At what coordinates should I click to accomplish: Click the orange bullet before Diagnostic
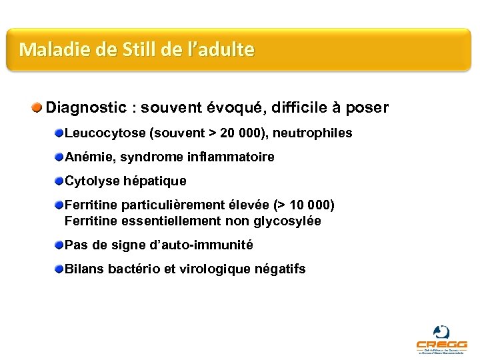click(x=38, y=107)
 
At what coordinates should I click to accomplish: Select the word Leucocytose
click(x=105, y=133)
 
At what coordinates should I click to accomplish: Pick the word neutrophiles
click(x=313, y=133)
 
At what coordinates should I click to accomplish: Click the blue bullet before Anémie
click(x=59, y=157)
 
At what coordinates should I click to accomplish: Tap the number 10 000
click(x=307, y=205)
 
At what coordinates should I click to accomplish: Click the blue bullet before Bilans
click(x=59, y=268)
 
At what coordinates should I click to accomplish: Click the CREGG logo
click(x=441, y=338)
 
